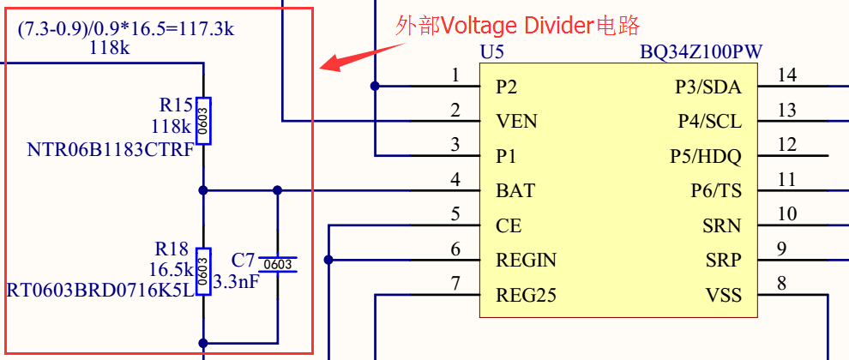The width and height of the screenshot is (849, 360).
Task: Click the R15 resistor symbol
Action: (x=203, y=121)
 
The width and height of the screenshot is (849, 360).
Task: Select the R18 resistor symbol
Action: (x=203, y=270)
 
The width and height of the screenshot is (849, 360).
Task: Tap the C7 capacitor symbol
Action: (x=278, y=265)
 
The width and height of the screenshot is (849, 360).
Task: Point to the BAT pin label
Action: (x=515, y=190)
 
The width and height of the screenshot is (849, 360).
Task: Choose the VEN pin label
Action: (x=517, y=122)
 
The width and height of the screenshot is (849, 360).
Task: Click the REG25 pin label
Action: (x=527, y=296)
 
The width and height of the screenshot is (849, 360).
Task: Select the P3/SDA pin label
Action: (x=708, y=87)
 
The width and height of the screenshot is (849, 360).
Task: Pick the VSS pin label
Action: (x=724, y=296)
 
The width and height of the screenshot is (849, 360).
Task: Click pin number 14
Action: (x=786, y=75)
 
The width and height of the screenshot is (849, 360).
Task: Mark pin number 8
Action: (x=781, y=283)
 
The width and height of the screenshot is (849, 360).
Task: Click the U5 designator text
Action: (x=492, y=52)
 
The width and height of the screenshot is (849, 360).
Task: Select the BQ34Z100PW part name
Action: (x=701, y=52)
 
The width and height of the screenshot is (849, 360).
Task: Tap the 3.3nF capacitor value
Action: (x=236, y=281)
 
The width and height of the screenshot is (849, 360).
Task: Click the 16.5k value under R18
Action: (x=169, y=268)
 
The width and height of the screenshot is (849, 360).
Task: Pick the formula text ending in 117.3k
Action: (x=126, y=30)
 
